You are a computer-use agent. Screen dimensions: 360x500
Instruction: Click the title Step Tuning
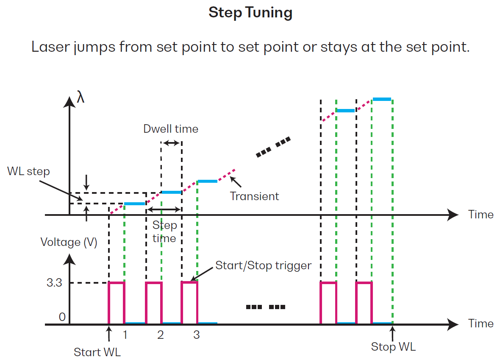(250, 13)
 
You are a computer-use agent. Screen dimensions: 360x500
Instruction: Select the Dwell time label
(170, 128)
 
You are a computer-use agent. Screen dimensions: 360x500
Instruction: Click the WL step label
(28, 172)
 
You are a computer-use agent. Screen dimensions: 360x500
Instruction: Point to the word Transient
(254, 196)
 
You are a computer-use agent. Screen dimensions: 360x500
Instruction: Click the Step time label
(164, 232)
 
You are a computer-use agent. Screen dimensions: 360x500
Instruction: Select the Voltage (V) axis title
(69, 242)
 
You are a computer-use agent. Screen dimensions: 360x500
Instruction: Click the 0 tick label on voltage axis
(62, 317)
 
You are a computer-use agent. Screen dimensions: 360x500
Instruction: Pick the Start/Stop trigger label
(263, 266)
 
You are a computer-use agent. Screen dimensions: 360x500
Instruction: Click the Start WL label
(97, 352)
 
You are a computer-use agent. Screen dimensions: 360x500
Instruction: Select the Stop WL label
(393, 347)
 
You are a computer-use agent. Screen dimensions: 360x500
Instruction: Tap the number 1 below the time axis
(125, 335)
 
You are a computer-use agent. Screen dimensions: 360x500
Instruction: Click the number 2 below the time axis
(160, 335)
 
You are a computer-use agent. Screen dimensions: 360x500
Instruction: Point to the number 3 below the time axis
(196, 335)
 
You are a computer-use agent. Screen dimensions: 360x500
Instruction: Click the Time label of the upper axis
(481, 215)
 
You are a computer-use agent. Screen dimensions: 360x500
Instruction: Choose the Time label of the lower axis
(481, 324)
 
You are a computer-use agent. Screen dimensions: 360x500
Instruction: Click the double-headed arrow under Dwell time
(171, 143)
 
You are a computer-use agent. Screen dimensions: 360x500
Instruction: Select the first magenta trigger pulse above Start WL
(117, 302)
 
